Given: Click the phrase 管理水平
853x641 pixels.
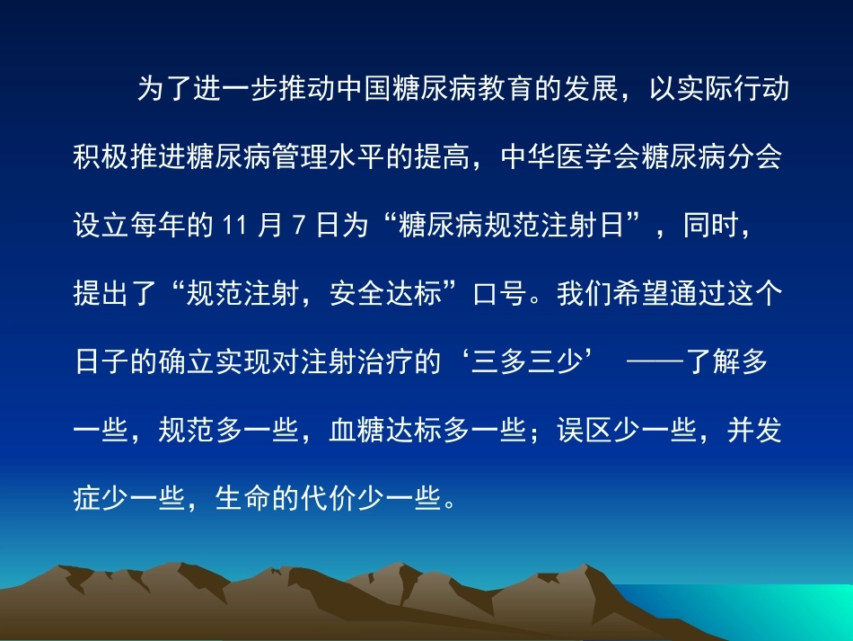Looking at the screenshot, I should pyautogui.click(x=327, y=159).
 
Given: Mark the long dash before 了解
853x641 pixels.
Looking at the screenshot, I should pyautogui.click(x=655, y=363).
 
